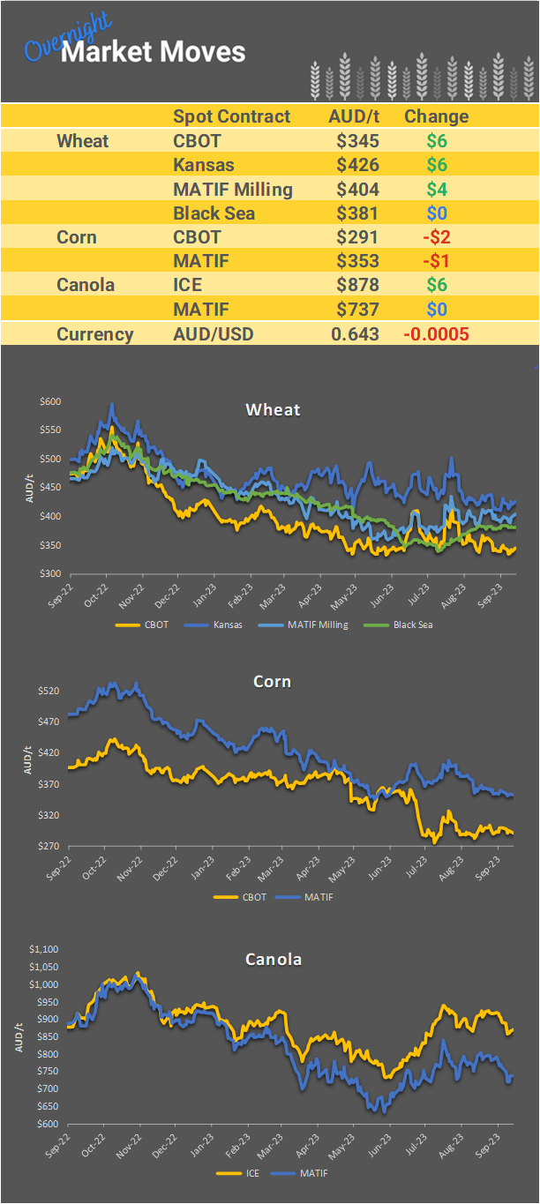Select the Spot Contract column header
tap(231, 116)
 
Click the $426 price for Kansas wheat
tap(357, 164)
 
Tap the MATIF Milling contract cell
tap(233, 189)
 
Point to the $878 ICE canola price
tap(357, 285)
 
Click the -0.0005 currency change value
tap(436, 334)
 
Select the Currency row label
tap(95, 334)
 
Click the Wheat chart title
tap(273, 409)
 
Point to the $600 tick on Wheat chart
tap(50, 401)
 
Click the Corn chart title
tap(272, 682)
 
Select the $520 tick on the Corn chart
tap(49, 691)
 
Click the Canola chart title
tap(273, 959)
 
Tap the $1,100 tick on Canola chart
tap(43, 950)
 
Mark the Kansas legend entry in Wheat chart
tap(234, 624)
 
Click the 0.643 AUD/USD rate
tap(355, 334)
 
